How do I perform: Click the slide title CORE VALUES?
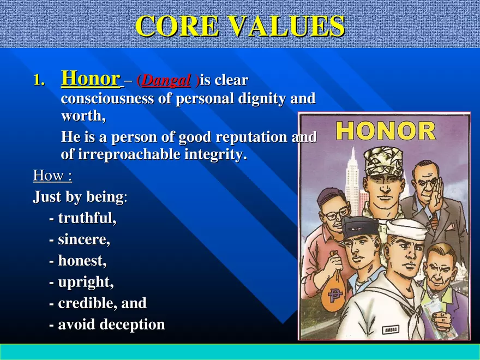pyautogui.click(x=240, y=26)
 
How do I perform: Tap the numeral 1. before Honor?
pyautogui.click(x=39, y=81)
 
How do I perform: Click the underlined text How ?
pyautogui.click(x=52, y=176)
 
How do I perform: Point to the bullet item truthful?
pyautogui.click(x=87, y=219)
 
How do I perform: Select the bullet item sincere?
pyautogui.click(x=84, y=240)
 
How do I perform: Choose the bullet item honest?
pyautogui.click(x=82, y=261)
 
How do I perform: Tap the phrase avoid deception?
pyautogui.click(x=111, y=325)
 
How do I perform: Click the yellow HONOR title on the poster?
pyautogui.click(x=386, y=131)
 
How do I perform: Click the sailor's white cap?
pyautogui.click(x=407, y=230)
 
